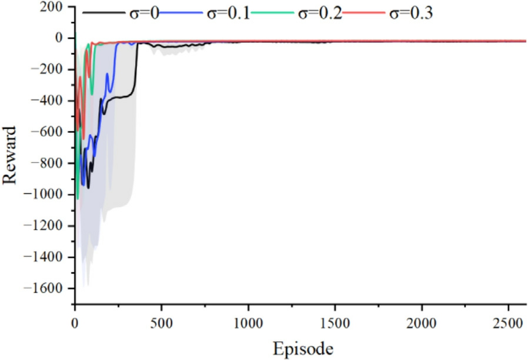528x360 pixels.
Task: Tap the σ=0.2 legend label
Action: point(321,12)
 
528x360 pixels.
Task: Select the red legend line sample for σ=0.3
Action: point(370,12)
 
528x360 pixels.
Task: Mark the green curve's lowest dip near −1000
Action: point(78,199)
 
